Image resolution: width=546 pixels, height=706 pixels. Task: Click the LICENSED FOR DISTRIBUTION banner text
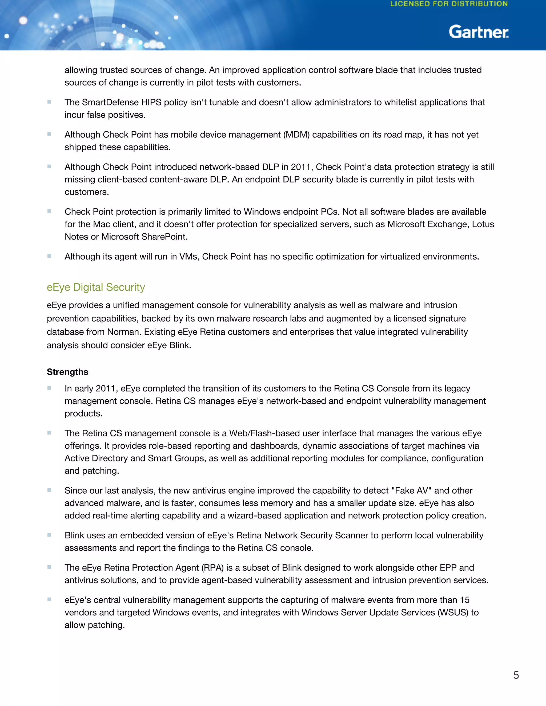(449, 4)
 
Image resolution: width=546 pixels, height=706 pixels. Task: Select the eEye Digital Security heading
(96, 287)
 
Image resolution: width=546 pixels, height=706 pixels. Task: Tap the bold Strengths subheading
(67, 372)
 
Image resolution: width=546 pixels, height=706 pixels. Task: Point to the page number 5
(516, 675)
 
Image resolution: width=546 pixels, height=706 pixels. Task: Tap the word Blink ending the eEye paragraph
(179, 345)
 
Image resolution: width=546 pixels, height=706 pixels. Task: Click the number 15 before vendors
(464, 600)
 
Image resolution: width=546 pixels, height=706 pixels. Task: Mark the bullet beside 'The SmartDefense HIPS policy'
(49, 102)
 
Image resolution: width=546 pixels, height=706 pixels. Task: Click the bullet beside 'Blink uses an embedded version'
(49, 535)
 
